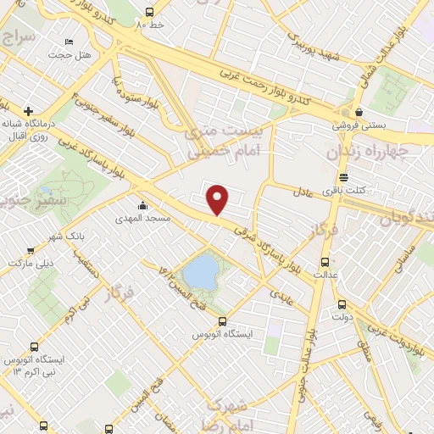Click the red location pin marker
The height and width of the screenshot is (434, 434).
pos(219,199)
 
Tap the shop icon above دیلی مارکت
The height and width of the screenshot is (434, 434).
pos(31,250)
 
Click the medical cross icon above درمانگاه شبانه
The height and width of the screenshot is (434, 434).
pos(29,111)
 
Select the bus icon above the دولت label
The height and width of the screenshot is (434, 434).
pos(342,304)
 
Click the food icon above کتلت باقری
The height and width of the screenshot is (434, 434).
pos(343,178)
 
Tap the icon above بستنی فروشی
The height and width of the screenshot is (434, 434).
pos(359,111)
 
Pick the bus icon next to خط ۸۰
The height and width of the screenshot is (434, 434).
pos(150,13)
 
